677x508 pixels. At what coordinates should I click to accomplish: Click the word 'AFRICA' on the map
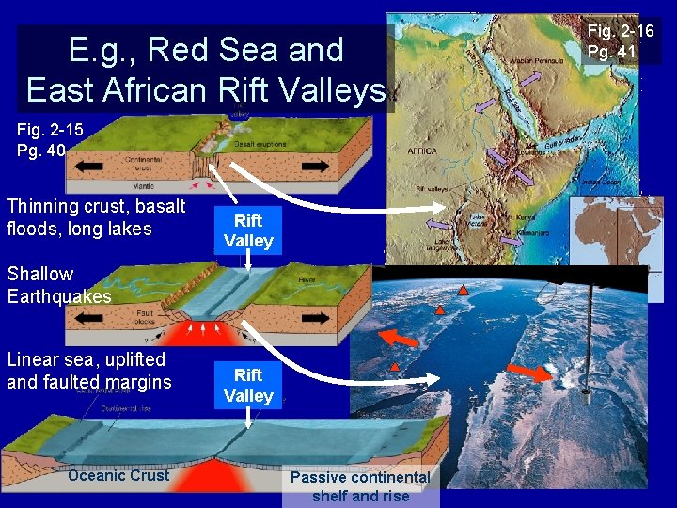tap(422, 151)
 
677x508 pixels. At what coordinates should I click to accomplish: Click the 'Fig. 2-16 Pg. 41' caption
tap(620, 41)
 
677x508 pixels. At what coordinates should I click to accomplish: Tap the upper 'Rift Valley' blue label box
tap(248, 230)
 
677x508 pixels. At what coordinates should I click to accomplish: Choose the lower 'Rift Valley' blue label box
tap(248, 386)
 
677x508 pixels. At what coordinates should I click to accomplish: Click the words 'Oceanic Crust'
tap(118, 475)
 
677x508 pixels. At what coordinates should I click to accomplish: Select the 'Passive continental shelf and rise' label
tap(360, 486)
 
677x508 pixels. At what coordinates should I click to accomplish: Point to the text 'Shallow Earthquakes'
tap(58, 285)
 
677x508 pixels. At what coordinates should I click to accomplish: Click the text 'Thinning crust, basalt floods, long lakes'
tap(96, 217)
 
